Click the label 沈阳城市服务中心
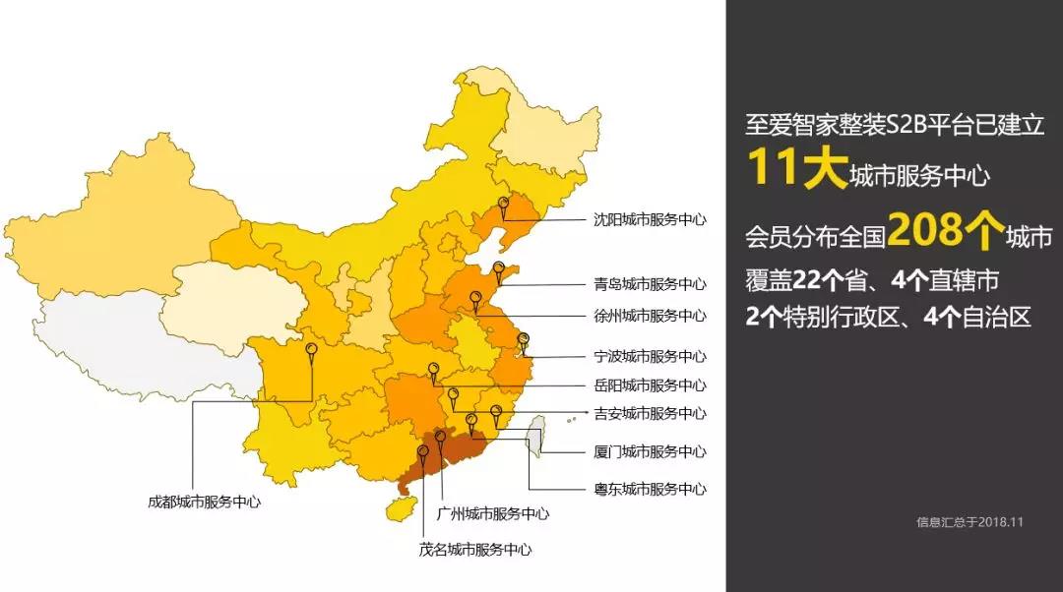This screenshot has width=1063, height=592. [x=650, y=220]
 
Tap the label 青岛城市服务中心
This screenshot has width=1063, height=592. [x=650, y=284]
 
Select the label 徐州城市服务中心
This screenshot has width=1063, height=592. [x=650, y=316]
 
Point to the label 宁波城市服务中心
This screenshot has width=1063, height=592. [x=650, y=356]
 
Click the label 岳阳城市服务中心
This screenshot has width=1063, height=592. [x=650, y=385]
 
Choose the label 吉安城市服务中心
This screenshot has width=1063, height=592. [x=650, y=414]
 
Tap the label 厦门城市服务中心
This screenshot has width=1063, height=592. [x=650, y=452]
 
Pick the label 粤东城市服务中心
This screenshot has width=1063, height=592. [x=650, y=489]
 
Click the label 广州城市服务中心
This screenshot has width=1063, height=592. [x=492, y=513]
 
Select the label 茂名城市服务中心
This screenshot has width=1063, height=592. [x=475, y=550]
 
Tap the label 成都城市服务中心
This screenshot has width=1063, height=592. [x=204, y=502]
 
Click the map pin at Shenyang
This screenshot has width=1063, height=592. [x=504, y=207]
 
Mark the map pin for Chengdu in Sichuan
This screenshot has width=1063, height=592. [x=312, y=350]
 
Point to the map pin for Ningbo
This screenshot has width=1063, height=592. [x=524, y=340]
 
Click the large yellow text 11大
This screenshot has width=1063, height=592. [x=793, y=167]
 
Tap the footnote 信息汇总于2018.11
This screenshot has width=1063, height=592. [x=969, y=522]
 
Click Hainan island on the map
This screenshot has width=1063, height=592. [x=400, y=507]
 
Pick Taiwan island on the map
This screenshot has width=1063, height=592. [x=535, y=435]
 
